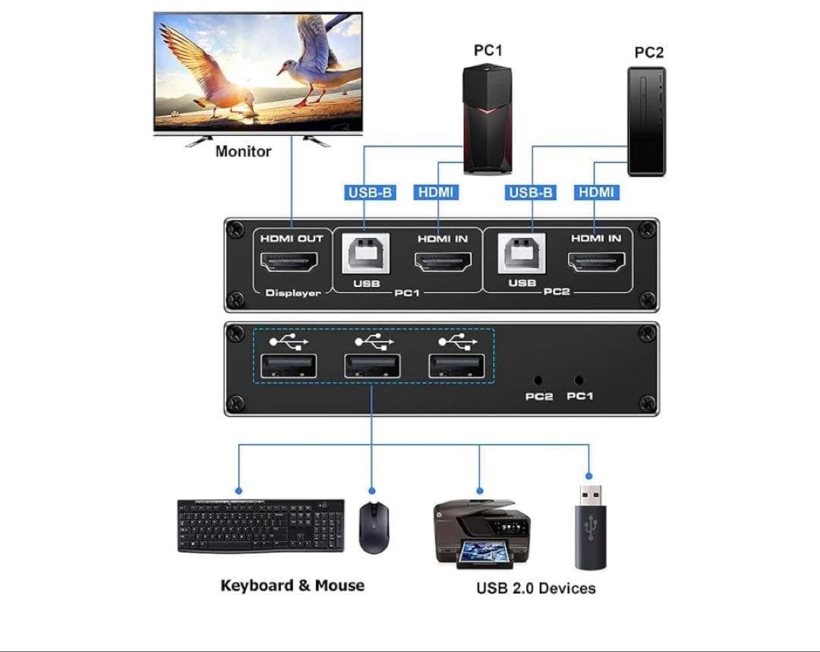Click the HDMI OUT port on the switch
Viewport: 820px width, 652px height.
289,263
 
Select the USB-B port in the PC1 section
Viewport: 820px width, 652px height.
364,254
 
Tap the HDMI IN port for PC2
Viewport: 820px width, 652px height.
596,263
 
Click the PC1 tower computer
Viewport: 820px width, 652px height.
487,120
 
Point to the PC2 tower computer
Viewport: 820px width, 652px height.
646,121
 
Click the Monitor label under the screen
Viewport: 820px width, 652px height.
243,151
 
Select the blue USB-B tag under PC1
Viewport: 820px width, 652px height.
370,192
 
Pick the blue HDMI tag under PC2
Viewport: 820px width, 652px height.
596,192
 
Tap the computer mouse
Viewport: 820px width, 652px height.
374,527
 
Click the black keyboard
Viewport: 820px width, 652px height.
260,525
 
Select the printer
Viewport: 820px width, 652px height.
481,532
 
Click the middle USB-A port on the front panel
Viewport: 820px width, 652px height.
372,367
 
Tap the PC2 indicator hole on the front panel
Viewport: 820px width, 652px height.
538,380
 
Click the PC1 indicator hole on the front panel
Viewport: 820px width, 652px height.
579,380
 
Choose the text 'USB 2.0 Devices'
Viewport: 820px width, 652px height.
535,588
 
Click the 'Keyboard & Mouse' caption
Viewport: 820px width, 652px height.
292,585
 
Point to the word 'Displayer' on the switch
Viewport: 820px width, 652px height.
293,293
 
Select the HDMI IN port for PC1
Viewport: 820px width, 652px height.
443,263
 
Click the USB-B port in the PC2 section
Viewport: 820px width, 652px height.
522,254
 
